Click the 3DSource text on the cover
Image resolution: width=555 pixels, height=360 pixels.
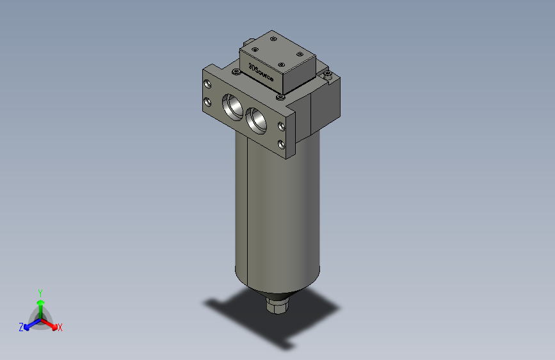point(261,73)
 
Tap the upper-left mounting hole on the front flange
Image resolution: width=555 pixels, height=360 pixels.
point(207,85)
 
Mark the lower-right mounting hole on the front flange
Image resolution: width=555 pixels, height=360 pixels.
point(282,143)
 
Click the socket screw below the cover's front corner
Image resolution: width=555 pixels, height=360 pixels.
point(280,97)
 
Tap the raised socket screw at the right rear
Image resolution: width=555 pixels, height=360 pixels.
point(328,76)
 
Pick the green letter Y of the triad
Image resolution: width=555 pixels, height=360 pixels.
point(40,291)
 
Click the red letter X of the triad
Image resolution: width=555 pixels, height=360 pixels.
point(60,328)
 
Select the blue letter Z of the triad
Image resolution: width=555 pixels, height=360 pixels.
point(21,327)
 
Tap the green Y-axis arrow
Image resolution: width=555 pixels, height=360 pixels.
point(40,302)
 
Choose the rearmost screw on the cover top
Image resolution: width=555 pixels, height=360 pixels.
point(274,40)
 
